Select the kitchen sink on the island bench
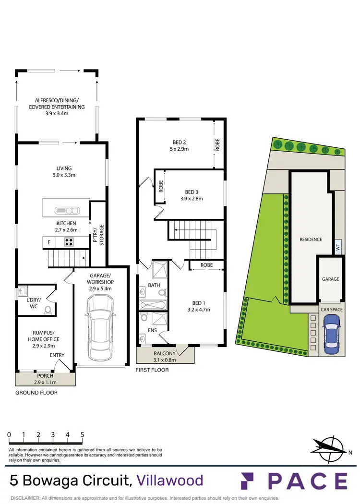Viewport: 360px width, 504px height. [67, 210]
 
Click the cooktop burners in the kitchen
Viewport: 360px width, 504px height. [70, 242]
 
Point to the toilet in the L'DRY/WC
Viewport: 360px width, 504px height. [48, 310]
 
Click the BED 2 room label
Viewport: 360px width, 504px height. [179, 142]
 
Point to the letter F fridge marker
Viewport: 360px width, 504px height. [49, 242]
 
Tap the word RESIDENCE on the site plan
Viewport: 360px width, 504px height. [311, 239]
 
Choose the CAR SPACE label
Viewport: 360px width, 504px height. [332, 310]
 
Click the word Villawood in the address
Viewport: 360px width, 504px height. [170, 480]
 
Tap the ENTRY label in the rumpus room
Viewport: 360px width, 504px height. [57, 355]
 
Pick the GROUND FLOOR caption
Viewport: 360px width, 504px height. [36, 393]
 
